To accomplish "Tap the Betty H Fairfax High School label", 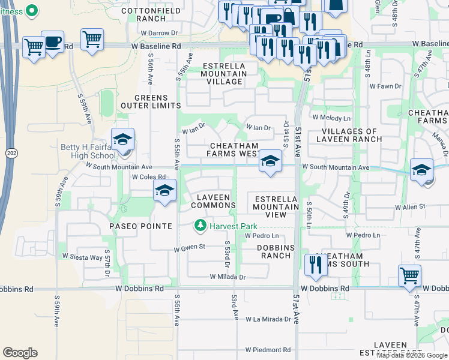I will (x=88, y=151).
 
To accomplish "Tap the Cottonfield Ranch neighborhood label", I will (x=142, y=14).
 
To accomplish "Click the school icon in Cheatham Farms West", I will (x=270, y=161).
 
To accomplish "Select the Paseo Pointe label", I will (x=140, y=226).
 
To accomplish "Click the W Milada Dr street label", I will (x=228, y=277).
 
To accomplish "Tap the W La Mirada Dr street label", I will (x=268, y=320).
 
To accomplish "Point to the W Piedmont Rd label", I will (x=268, y=350).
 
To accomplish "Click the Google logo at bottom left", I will (x=20, y=353).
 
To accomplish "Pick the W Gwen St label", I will (x=190, y=247).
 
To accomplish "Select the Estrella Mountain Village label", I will (x=224, y=73).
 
